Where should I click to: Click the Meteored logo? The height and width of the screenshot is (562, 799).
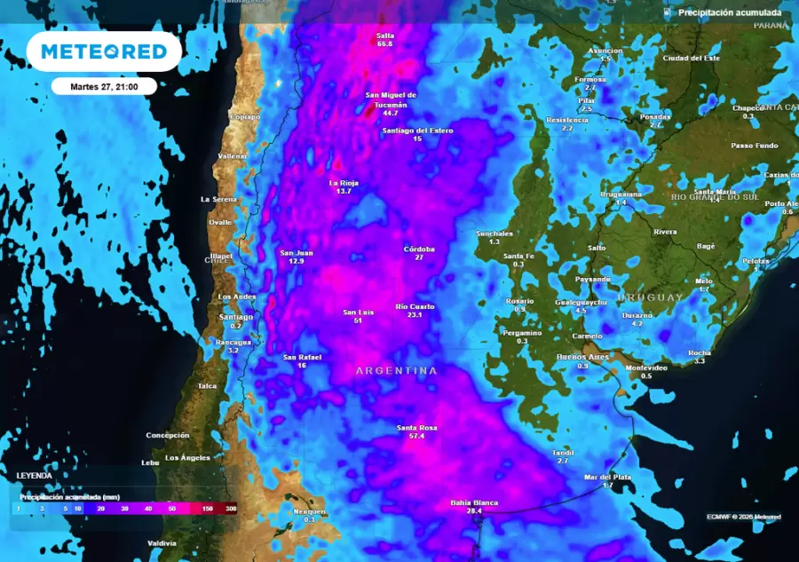point(104,52)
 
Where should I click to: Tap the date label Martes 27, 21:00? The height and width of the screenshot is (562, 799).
point(104,86)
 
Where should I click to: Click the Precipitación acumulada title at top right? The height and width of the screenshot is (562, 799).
point(730,12)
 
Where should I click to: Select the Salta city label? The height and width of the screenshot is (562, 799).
point(384,36)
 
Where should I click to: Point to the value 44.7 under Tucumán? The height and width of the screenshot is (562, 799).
point(391,114)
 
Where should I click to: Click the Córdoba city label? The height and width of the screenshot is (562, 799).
point(419,249)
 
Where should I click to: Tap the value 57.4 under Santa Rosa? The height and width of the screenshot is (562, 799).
point(410,437)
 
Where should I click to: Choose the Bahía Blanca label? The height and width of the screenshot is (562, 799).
point(474,503)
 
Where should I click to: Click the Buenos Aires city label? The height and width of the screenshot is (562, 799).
point(582,357)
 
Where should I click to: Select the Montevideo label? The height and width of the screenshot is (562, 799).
point(646,368)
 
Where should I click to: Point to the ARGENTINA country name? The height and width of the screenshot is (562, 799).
point(396,370)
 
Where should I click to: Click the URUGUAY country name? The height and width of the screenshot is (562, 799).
point(651,297)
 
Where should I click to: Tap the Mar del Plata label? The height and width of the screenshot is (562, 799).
point(607,477)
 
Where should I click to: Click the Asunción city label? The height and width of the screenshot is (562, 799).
point(605,51)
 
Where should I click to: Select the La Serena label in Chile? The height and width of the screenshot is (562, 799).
point(218,199)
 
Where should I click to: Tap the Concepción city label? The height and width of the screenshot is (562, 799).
point(168,435)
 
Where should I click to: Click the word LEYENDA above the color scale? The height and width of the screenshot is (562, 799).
point(35,476)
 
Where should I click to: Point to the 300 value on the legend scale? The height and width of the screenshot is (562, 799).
point(231,509)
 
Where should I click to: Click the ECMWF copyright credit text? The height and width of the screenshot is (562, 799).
point(744,516)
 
